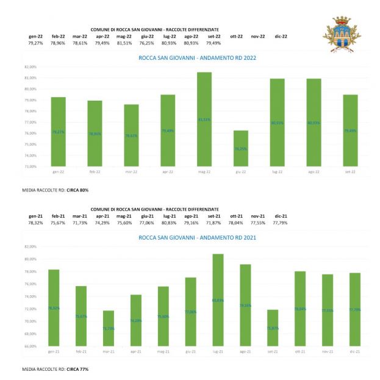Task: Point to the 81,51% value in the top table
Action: [x=124, y=43]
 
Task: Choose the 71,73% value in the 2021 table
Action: [x=80, y=223]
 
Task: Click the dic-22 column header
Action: [x=281, y=37]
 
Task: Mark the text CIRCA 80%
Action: [x=77, y=190]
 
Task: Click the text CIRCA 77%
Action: [x=77, y=370]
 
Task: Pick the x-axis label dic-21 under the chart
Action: [x=354, y=352]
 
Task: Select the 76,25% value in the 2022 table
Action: [x=146, y=43]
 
